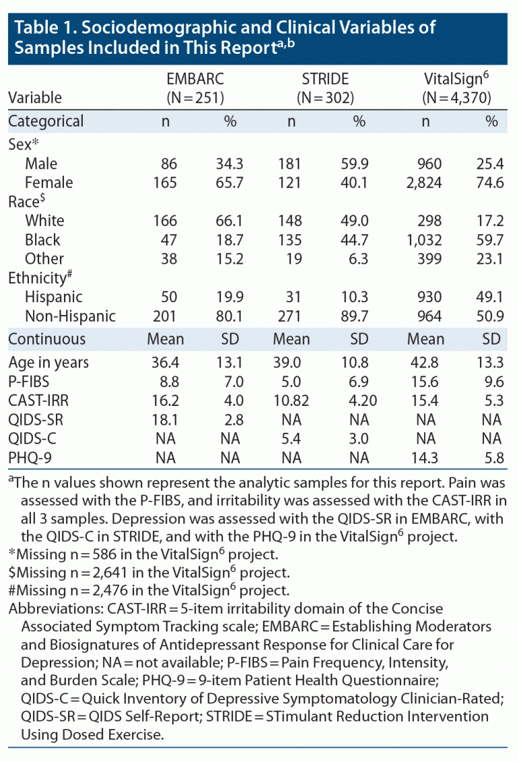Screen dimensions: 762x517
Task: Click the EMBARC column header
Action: click(x=195, y=78)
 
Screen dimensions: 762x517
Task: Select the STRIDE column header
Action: click(x=326, y=78)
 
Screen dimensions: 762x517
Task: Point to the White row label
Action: click(x=44, y=221)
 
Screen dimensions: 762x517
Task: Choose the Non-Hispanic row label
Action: click(x=70, y=316)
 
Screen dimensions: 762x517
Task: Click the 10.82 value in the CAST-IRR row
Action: click(x=291, y=401)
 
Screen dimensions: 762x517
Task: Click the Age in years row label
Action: click(x=48, y=362)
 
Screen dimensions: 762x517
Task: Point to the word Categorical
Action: click(x=46, y=122)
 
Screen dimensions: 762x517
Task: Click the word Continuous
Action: click(x=47, y=339)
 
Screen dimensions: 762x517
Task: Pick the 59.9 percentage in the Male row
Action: click(x=359, y=164)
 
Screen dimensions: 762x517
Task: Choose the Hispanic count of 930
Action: click(x=429, y=297)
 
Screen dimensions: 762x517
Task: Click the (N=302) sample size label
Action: click(x=326, y=98)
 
